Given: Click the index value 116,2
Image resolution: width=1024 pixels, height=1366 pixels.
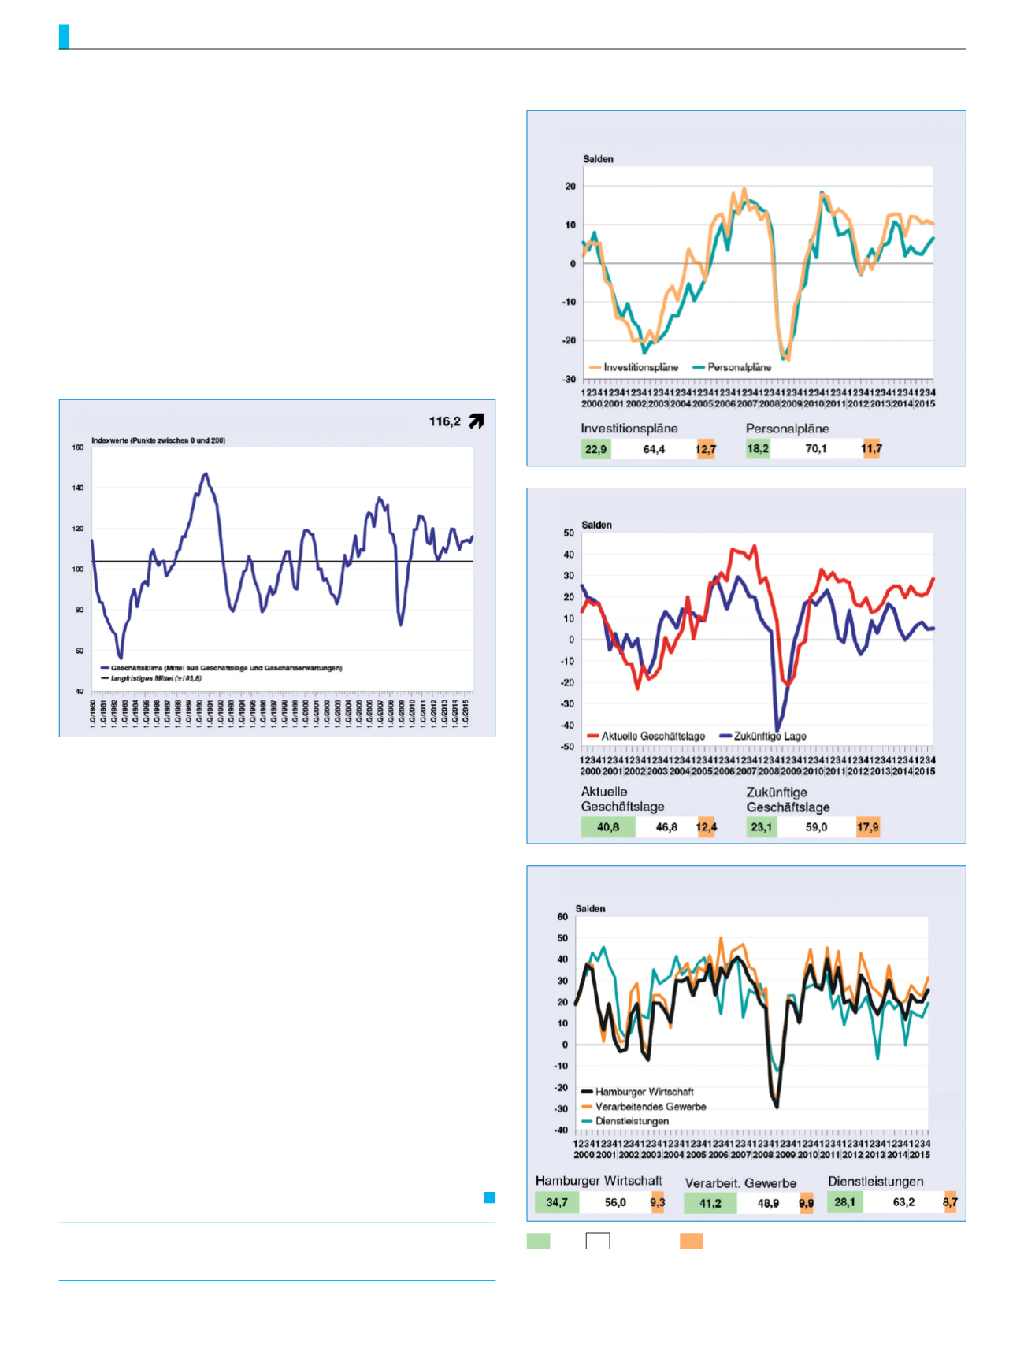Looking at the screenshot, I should (444, 422).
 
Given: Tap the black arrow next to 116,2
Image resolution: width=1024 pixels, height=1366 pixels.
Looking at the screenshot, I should (476, 421).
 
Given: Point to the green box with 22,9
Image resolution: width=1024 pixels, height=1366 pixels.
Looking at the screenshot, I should (595, 449).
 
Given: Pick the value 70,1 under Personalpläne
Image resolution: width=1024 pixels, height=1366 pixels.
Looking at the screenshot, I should (816, 449).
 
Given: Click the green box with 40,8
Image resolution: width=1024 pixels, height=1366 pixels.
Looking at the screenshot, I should (608, 827).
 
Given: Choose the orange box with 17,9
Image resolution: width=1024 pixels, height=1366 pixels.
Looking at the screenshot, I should (868, 827).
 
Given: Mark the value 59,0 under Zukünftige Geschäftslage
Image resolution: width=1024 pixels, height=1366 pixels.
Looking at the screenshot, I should (816, 827).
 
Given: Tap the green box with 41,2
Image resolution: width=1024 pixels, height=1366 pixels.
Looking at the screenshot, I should (710, 1203).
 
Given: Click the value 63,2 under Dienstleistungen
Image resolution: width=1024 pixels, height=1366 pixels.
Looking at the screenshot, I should (904, 1202).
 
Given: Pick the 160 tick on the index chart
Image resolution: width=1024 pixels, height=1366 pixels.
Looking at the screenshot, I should (78, 447).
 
